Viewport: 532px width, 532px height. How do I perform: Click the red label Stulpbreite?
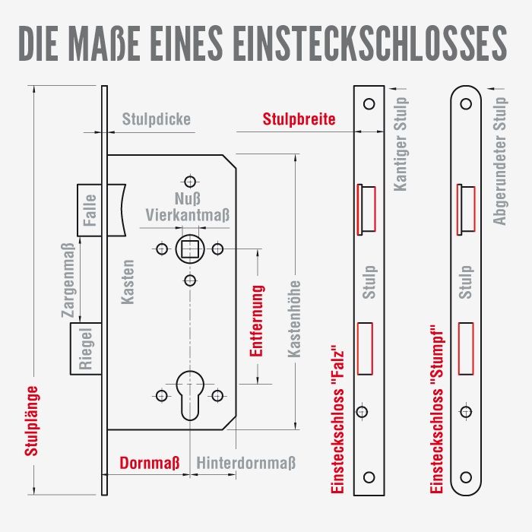[x=299, y=119]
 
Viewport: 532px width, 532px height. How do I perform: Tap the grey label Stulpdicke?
[x=156, y=119]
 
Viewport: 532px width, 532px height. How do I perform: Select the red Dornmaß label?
[x=149, y=463]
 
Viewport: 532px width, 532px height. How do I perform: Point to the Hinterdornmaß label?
[x=246, y=463]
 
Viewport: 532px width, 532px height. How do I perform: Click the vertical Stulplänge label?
[x=31, y=421]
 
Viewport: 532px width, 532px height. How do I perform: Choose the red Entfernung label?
[x=257, y=321]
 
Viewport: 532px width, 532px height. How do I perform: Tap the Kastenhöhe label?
[x=294, y=319]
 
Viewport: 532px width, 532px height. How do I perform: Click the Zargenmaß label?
[x=68, y=280]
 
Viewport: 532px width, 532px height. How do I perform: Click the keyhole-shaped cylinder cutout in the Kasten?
[x=190, y=395]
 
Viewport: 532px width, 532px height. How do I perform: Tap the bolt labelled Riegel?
[x=86, y=349]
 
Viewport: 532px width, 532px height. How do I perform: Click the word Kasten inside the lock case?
[x=128, y=282]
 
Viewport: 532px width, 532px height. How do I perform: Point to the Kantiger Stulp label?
[x=401, y=144]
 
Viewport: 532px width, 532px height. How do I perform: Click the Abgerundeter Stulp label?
[x=499, y=161]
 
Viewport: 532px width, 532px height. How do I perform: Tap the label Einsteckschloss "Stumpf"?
[x=437, y=409]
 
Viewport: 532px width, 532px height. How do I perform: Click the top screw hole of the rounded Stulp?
[x=466, y=104]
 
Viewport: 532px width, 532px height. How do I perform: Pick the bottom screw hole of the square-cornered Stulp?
[x=369, y=477]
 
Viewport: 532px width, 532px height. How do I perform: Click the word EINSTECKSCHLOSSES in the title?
[x=370, y=43]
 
